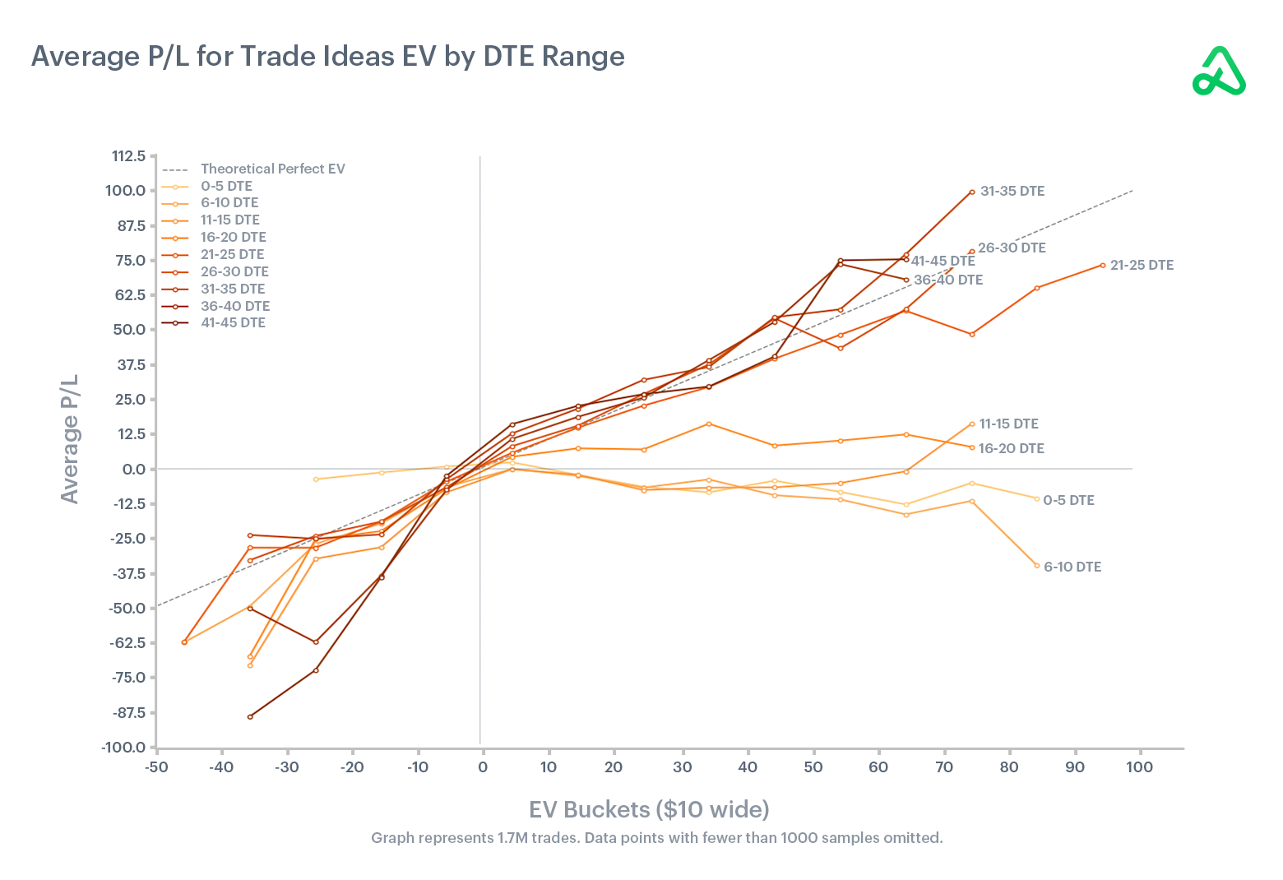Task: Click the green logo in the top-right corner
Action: (x=1219, y=72)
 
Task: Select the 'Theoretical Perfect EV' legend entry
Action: (x=272, y=169)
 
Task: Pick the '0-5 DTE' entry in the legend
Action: (x=226, y=186)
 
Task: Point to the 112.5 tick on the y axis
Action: (x=128, y=156)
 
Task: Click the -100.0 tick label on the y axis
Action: (x=123, y=748)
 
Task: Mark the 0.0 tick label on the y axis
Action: (x=133, y=469)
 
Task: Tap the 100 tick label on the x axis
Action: (x=1140, y=767)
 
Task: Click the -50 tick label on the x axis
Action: (x=156, y=767)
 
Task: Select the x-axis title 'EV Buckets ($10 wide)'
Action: (x=649, y=809)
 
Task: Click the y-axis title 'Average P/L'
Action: (x=70, y=438)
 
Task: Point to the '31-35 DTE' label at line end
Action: (x=1012, y=191)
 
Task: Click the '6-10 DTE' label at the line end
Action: (x=1072, y=567)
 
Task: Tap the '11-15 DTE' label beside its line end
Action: (x=1008, y=424)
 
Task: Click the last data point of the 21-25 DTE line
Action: (x=1102, y=265)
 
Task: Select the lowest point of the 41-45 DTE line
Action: (x=250, y=716)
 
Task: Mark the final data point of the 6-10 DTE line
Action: (x=1036, y=566)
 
